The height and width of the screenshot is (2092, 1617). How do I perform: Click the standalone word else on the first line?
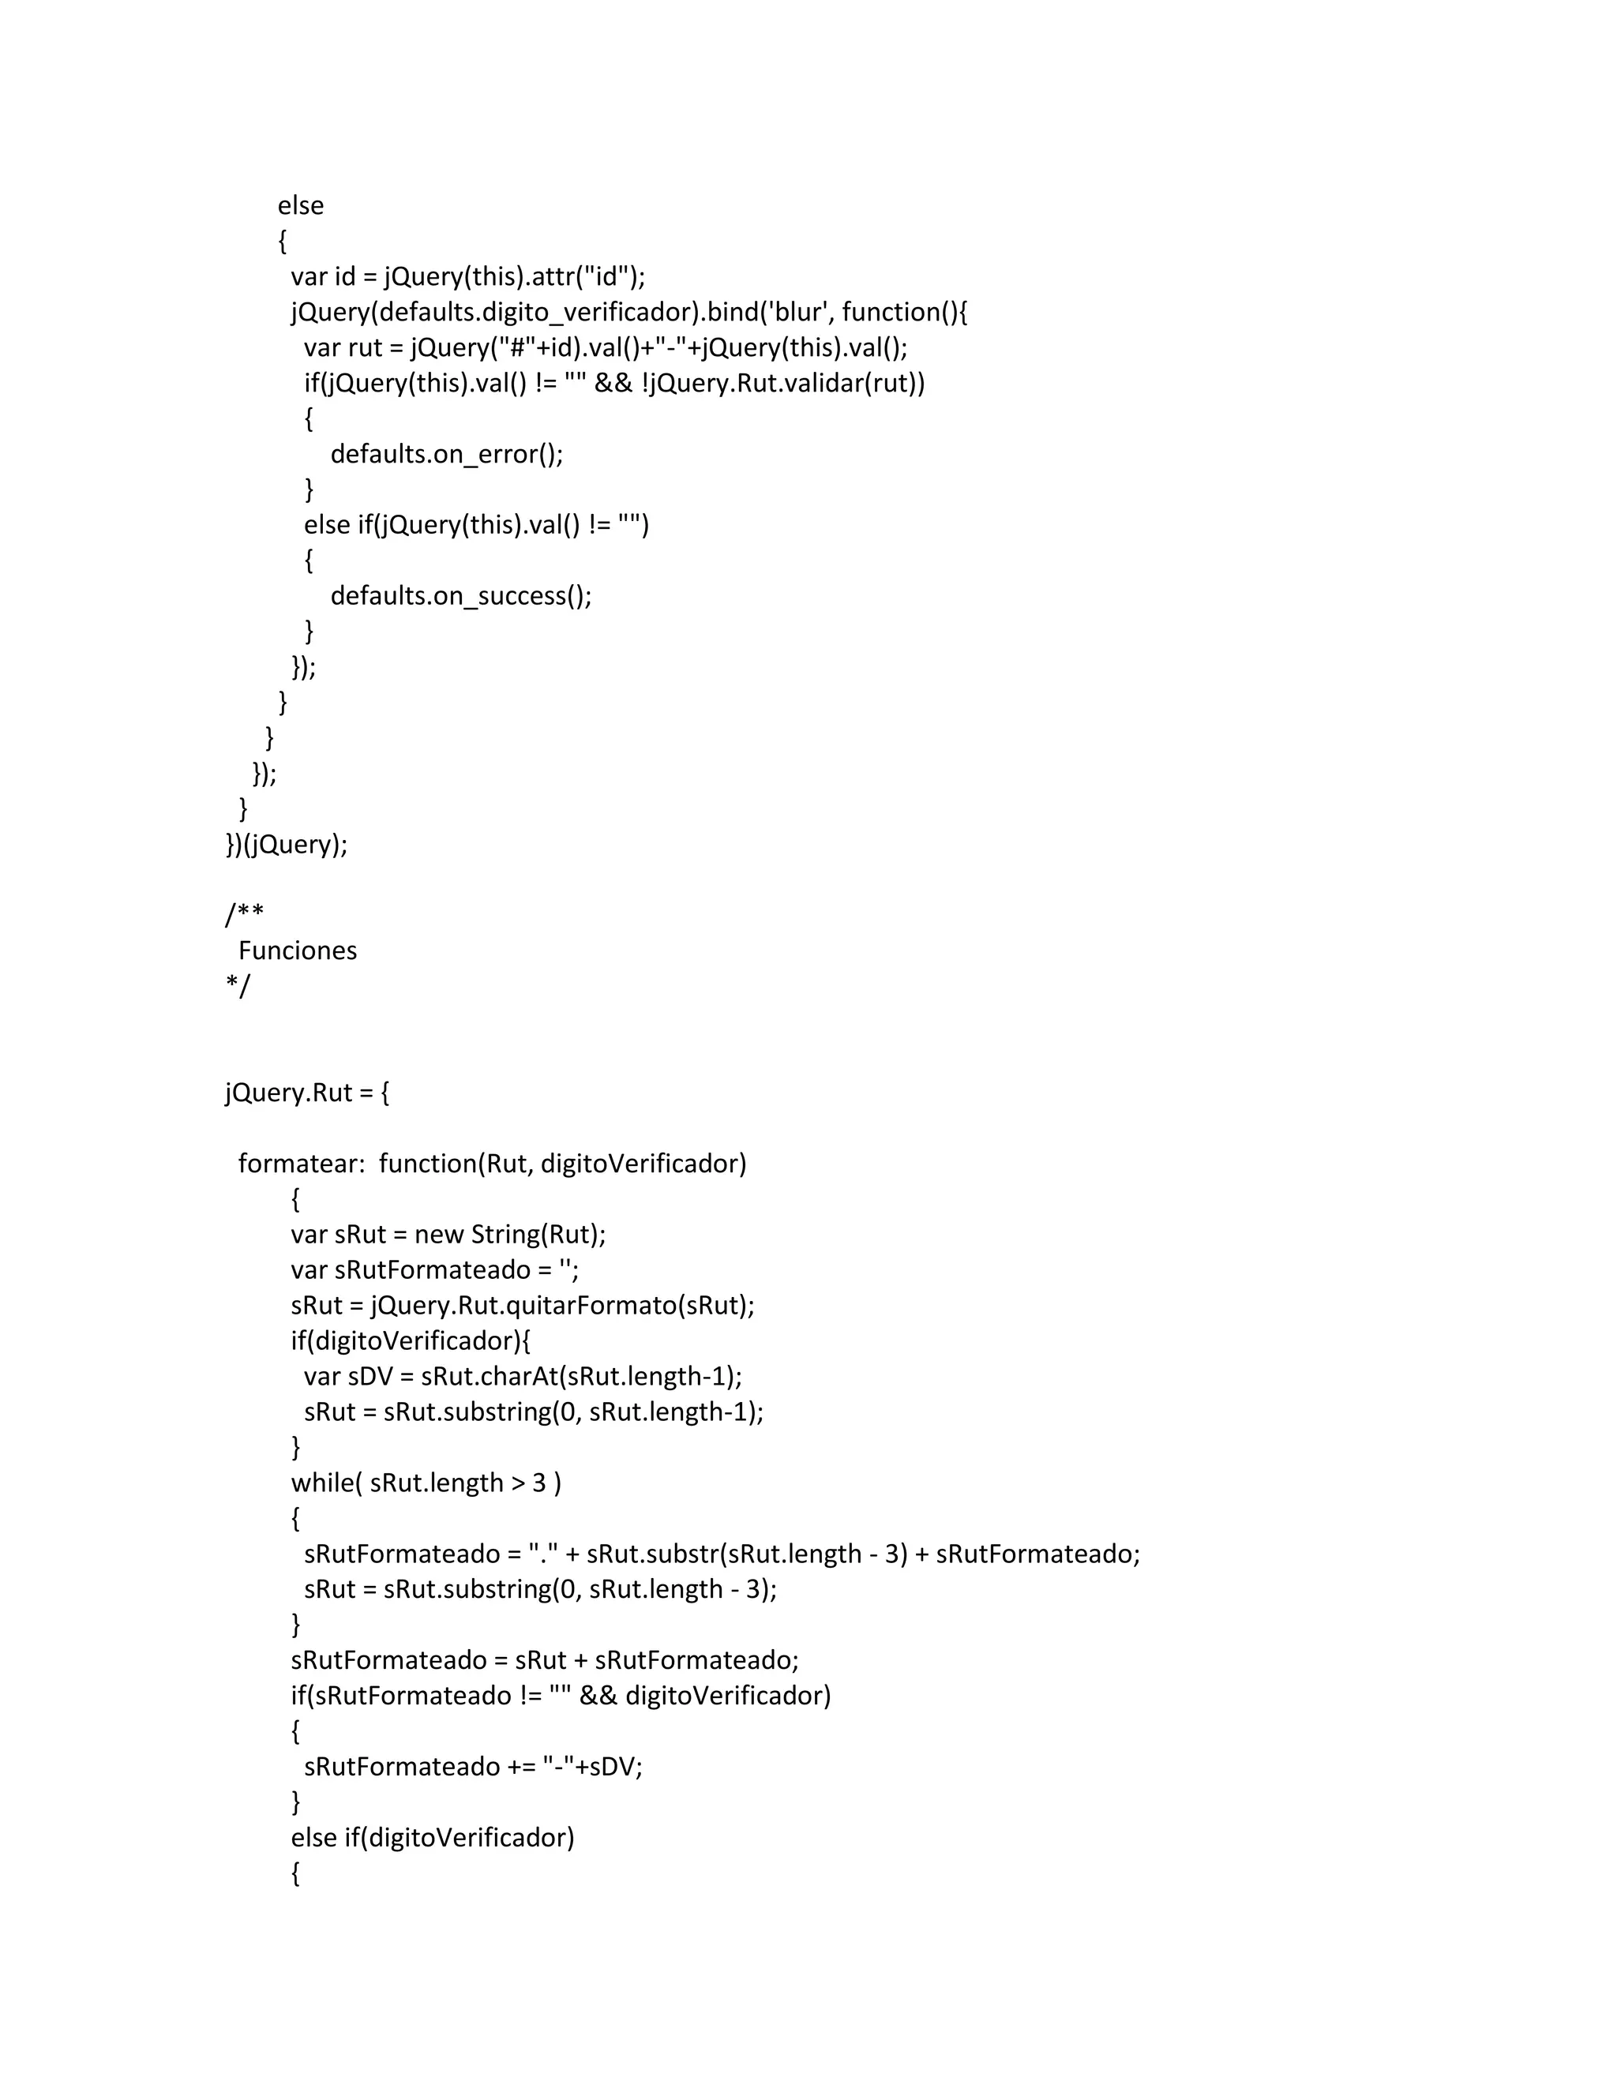[x=300, y=206]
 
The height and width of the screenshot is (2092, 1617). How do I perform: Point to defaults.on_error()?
[x=446, y=454]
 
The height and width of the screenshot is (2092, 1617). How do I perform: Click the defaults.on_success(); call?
[x=461, y=596]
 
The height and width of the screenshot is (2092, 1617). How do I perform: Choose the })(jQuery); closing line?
[x=287, y=845]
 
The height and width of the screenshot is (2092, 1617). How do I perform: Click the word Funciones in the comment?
[x=297, y=951]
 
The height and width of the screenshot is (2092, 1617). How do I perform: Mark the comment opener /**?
[x=244, y=915]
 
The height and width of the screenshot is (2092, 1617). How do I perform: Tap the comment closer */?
[x=238, y=986]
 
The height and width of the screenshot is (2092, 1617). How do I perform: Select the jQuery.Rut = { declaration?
[x=306, y=1093]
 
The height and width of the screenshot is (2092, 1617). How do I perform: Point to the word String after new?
[x=507, y=1235]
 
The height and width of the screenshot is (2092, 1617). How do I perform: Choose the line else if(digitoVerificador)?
[x=432, y=1838]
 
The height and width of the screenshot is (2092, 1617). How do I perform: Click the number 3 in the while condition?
[x=539, y=1483]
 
